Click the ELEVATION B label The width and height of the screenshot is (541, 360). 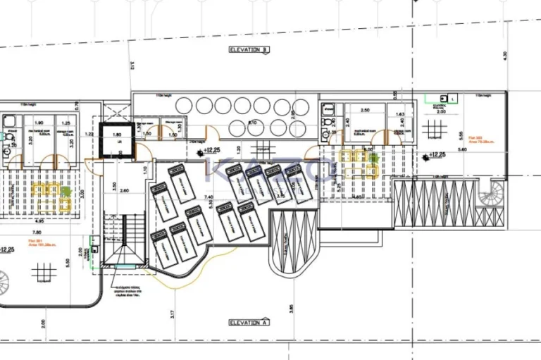coord(249,50)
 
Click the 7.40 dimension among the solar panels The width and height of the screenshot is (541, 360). coord(209,197)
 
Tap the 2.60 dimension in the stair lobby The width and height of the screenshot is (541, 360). coord(125,190)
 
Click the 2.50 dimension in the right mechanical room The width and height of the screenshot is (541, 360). coord(365,111)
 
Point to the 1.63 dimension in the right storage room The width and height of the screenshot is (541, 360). coord(401,114)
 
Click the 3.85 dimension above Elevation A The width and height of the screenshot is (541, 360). coord(290,308)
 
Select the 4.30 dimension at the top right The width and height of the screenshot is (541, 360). coord(505,55)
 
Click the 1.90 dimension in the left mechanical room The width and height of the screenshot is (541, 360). coord(39,123)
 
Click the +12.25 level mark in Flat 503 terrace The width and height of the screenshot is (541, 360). coord(437,155)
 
